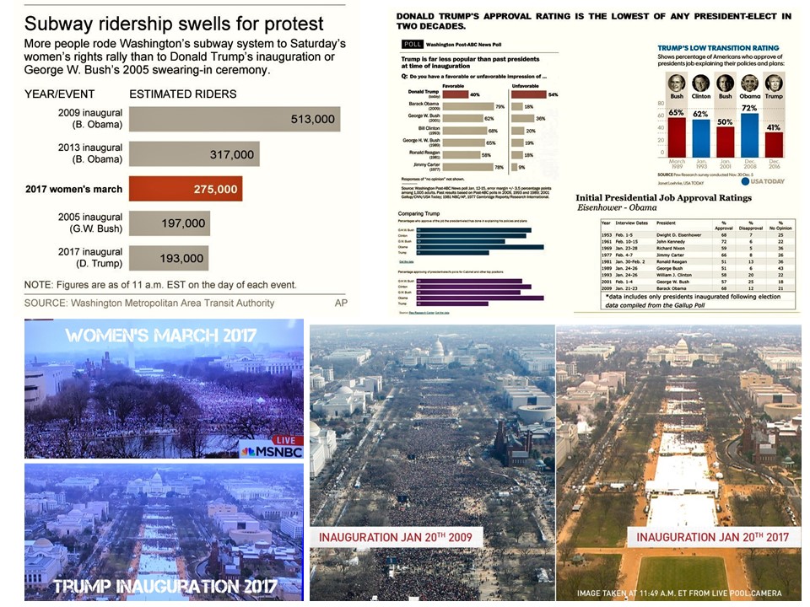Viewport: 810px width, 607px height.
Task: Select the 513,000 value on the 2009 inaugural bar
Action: click(312, 120)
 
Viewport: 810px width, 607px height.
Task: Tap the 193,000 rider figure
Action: click(181, 259)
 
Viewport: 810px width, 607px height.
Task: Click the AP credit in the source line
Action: click(340, 303)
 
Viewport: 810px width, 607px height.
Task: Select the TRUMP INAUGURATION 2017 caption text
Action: click(165, 584)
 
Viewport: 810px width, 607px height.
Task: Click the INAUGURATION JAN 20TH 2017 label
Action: click(712, 537)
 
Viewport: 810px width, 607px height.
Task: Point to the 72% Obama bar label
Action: click(748, 108)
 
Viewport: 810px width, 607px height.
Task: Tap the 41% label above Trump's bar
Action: click(774, 126)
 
